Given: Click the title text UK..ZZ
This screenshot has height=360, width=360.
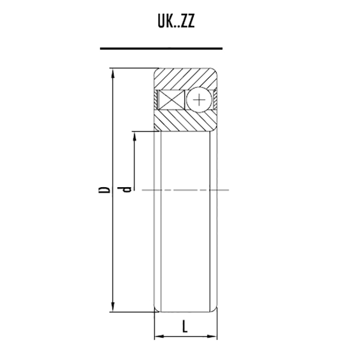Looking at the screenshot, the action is coord(176,22).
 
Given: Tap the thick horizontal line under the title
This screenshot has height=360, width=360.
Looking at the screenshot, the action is coord(161,48).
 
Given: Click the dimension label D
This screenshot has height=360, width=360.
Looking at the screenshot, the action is coord(104,190).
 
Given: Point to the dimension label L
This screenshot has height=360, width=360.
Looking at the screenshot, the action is coord(185,327).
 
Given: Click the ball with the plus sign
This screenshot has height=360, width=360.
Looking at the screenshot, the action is coord(199,100).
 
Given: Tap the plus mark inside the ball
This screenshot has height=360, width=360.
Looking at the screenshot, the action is coord(199,100).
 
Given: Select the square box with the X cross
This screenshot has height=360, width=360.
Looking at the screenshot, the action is coord(172,100).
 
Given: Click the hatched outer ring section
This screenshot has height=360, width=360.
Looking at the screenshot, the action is coord(186,78).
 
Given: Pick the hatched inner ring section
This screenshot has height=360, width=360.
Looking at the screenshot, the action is coord(186,120).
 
